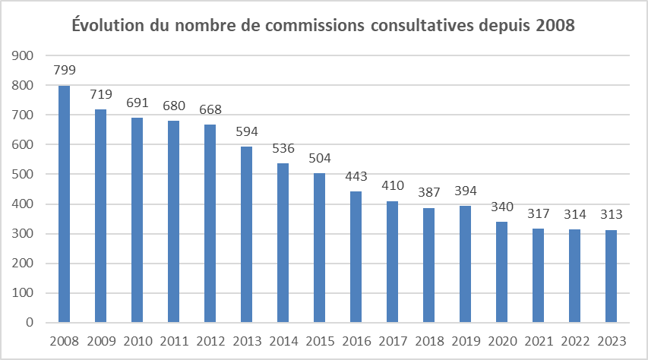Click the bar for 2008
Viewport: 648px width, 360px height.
click(x=64, y=204)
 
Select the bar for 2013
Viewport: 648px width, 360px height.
click(x=246, y=235)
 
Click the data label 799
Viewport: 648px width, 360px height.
click(x=64, y=71)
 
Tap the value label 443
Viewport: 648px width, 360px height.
click(x=356, y=176)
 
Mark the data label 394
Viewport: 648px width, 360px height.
click(x=465, y=191)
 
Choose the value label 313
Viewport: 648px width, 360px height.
click(x=611, y=215)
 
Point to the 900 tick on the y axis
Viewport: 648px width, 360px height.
click(x=24, y=56)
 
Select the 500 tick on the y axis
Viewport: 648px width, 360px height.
click(x=24, y=175)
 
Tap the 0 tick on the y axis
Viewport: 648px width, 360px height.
click(x=30, y=323)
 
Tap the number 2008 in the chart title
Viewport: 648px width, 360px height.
click(x=555, y=26)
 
